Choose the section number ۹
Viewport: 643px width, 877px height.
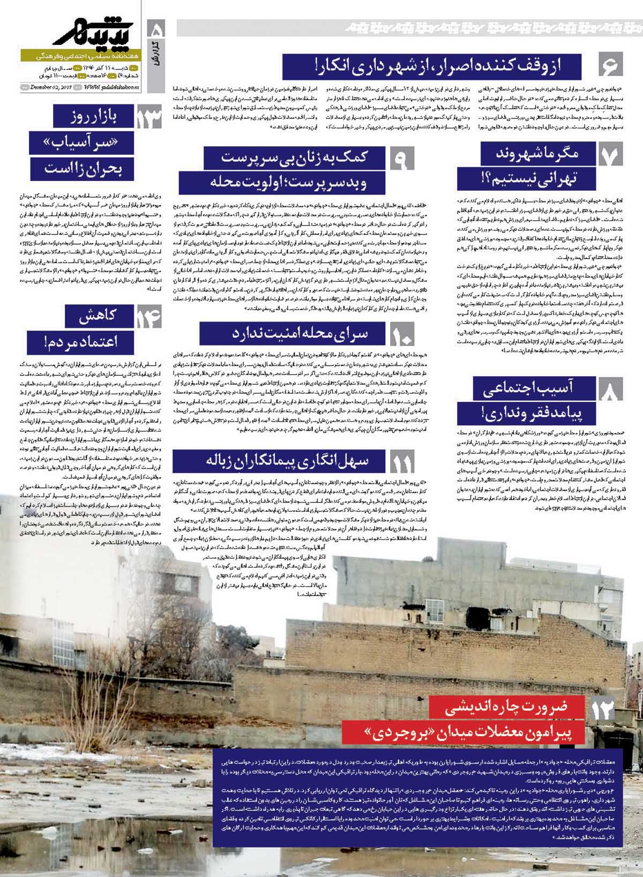tap(402, 160)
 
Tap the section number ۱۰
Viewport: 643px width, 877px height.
tap(401, 335)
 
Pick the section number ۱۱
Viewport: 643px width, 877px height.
tap(402, 462)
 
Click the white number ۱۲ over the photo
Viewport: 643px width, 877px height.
tap(602, 710)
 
